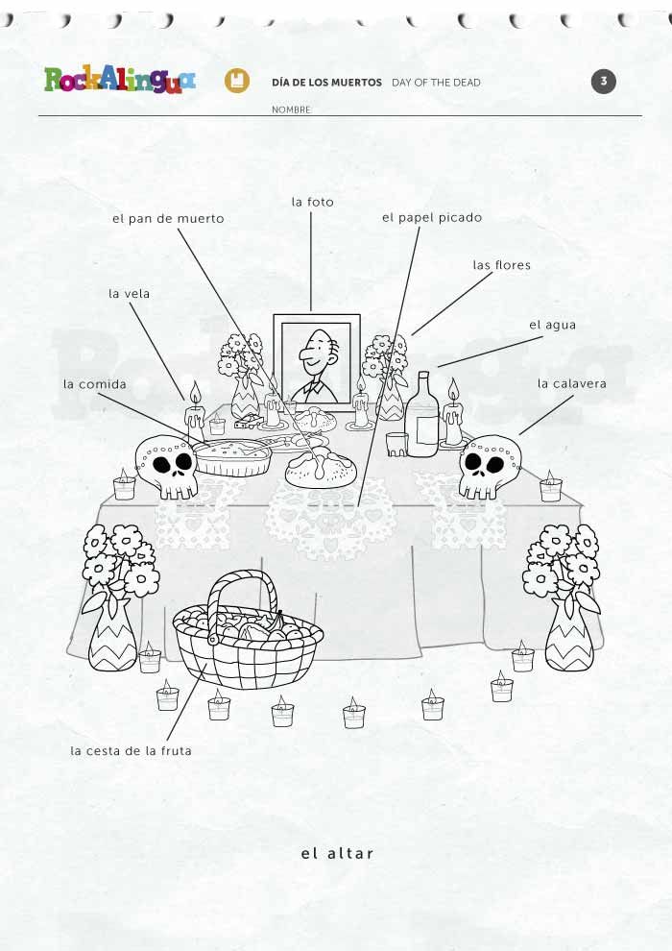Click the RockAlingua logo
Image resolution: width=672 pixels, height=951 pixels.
pos(120,80)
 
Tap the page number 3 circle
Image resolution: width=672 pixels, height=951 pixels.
pos(604,82)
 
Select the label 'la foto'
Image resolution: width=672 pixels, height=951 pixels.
pos(313,202)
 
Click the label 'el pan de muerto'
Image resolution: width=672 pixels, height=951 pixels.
pos(168,219)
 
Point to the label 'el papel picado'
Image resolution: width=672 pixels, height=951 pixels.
pos(432,218)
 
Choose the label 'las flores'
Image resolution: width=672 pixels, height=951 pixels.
pos(502,265)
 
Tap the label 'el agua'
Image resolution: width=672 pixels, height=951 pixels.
pos(553,325)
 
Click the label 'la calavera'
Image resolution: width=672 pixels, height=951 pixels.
pos(572,383)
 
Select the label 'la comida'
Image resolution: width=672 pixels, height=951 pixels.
pos(95,384)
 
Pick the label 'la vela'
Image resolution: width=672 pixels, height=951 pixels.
pos(129,294)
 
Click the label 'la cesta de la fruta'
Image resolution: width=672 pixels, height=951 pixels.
pos(131,751)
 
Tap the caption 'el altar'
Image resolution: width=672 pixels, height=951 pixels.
pos(338,853)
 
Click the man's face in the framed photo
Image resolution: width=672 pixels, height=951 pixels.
pos(315,354)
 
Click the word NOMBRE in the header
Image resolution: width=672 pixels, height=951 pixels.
pos(292,110)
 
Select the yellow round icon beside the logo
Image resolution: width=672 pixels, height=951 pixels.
pos(237,81)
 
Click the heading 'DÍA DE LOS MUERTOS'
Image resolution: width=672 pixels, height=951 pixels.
pos(327,83)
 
